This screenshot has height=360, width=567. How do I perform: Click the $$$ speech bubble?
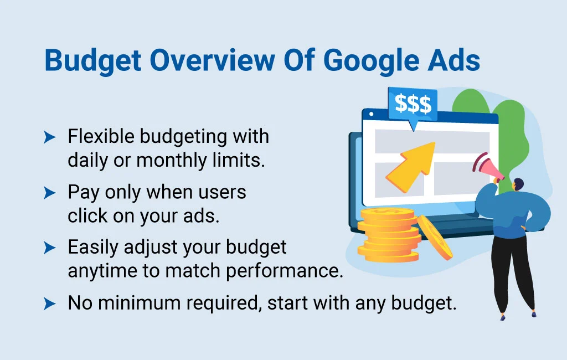click(x=413, y=104)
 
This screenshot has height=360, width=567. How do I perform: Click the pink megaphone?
click(x=491, y=169)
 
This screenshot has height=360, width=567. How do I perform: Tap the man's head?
click(x=516, y=185)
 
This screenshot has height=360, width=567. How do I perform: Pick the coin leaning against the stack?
click(x=435, y=237)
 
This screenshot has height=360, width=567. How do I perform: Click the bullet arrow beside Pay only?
click(x=50, y=193)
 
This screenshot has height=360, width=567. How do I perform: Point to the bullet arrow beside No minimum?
click(x=50, y=303)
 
